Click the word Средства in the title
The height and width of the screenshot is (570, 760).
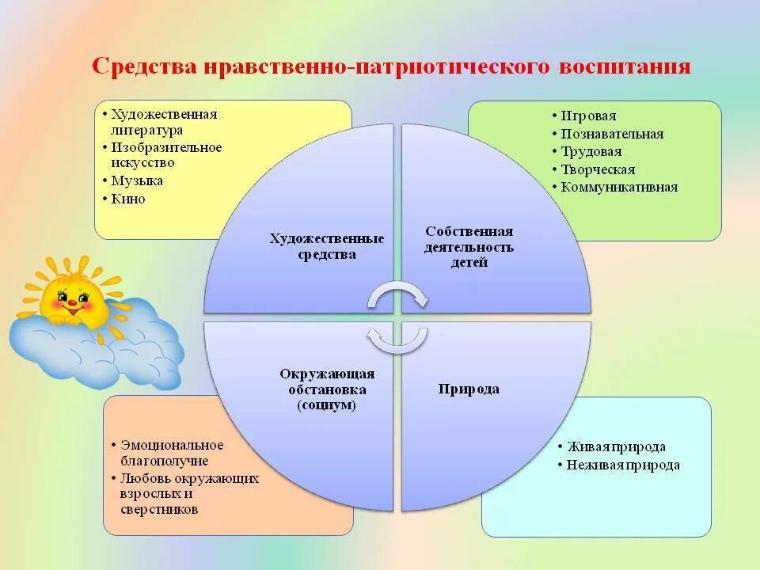point(144,66)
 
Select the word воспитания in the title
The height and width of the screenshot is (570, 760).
point(625,66)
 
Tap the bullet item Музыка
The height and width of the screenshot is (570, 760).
point(137,180)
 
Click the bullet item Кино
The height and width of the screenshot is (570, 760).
point(128,199)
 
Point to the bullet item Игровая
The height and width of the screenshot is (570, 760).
point(588,116)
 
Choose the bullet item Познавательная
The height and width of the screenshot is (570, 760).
point(612,134)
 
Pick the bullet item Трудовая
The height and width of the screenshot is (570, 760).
point(591,151)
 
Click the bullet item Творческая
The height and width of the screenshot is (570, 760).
point(598,169)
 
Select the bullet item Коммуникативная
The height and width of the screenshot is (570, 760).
point(619,188)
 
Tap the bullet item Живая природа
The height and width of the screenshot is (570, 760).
point(615,447)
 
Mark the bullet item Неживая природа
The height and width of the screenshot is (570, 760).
point(623,465)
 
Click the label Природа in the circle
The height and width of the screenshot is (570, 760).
point(469,389)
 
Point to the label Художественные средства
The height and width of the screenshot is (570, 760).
point(327,246)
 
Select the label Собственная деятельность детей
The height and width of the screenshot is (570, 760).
point(469,246)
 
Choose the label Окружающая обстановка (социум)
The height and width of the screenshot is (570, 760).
point(327,389)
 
